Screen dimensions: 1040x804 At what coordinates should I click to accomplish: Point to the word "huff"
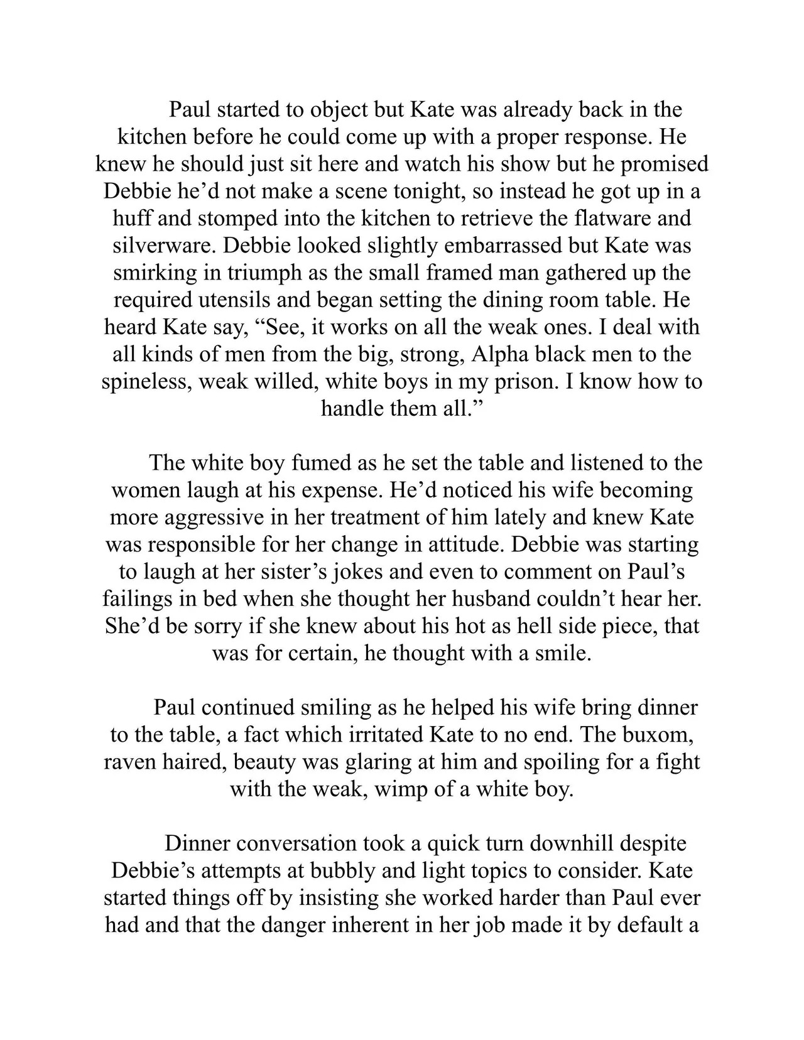click(131, 218)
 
